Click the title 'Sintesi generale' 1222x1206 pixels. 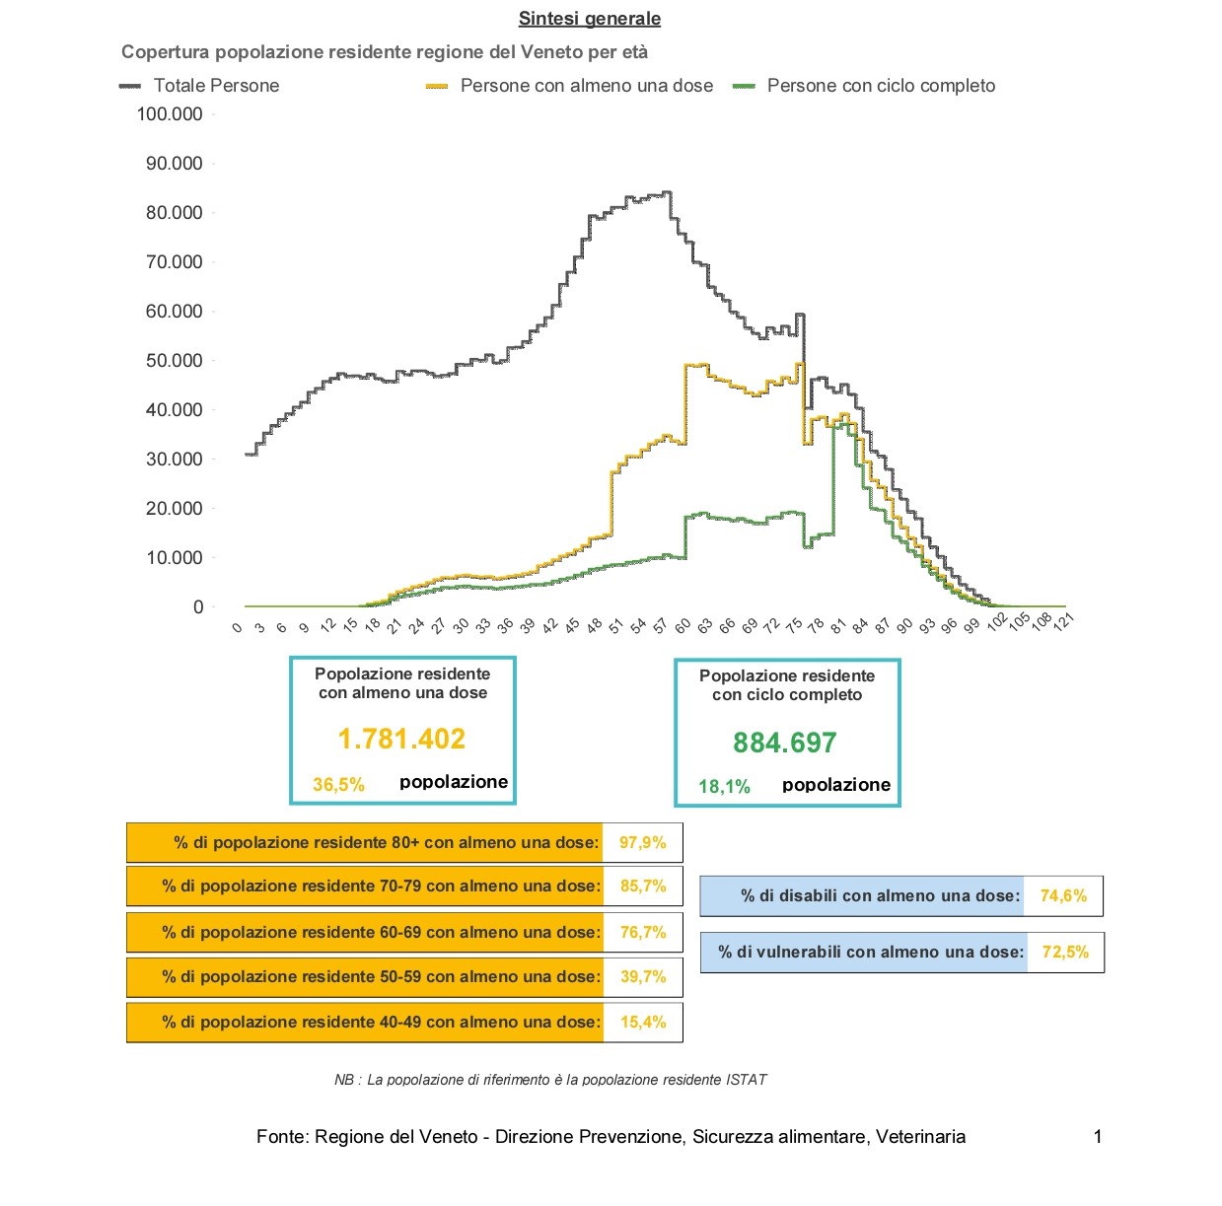click(589, 19)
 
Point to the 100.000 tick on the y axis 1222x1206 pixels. click(170, 114)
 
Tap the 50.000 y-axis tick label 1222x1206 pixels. click(174, 361)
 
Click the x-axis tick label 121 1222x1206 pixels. click(1063, 621)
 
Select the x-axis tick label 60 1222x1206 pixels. click(682, 625)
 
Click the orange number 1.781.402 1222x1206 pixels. click(401, 739)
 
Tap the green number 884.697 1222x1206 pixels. click(785, 743)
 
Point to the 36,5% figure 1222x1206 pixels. click(338, 785)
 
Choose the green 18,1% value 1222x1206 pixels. click(724, 787)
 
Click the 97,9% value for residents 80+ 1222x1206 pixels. click(643, 843)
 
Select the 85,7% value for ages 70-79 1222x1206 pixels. click(643, 886)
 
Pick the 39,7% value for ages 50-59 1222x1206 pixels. click(643, 976)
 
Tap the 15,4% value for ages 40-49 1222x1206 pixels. click(643, 1023)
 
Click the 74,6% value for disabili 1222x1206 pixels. click(1063, 896)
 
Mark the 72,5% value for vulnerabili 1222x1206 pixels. click(1065, 952)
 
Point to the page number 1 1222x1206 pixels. click(1098, 1137)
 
